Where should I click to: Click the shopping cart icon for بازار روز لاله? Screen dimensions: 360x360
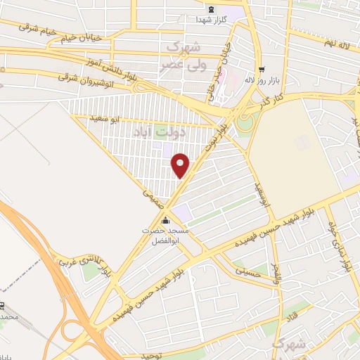coord(262,70)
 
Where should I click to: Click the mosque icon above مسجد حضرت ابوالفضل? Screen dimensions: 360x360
coord(165,219)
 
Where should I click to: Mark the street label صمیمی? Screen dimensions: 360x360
coord(153,194)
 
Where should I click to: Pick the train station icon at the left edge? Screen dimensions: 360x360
coord(2,307)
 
